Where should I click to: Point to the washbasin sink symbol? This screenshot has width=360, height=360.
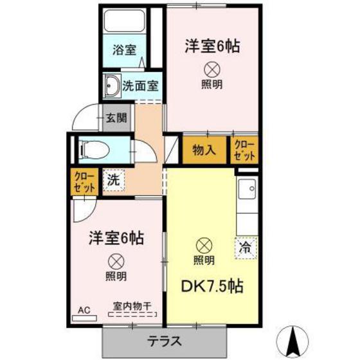tap(112, 84)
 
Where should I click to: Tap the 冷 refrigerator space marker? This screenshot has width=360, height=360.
tap(245, 246)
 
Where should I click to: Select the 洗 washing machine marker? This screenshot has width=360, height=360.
tap(114, 179)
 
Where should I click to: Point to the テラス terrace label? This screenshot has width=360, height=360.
tap(165, 341)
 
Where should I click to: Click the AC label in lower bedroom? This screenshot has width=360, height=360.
tap(84, 310)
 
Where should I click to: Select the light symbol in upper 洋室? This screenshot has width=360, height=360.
tap(212, 69)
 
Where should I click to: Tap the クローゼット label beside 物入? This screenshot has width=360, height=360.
tap(244, 150)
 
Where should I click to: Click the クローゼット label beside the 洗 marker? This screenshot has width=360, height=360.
tap(84, 182)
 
